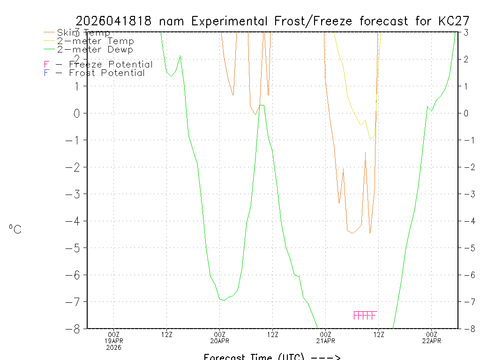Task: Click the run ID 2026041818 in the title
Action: coord(113,21)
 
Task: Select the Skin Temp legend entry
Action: coord(83,33)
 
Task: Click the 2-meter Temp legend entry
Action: coord(95,41)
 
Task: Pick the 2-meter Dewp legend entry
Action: coord(95,49)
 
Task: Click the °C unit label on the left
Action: coord(15,229)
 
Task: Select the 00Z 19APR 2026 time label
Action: coord(114,341)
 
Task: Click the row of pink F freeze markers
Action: coord(365,315)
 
